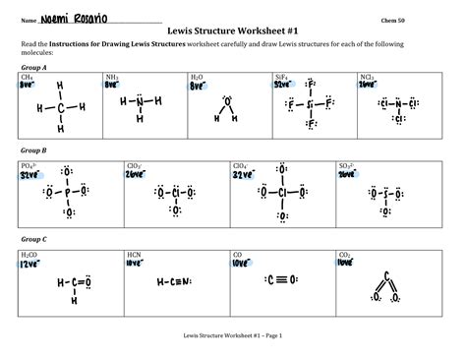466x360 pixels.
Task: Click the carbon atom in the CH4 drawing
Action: [60, 109]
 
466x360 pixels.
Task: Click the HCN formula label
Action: [135, 255]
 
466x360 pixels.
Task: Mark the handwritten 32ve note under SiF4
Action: [283, 85]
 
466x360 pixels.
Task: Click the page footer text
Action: [232, 336]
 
